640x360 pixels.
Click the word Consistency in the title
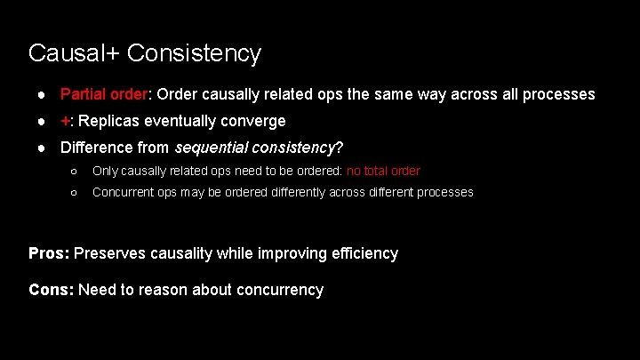[194, 53]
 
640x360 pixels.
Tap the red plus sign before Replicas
[65, 121]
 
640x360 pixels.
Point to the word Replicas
[107, 121]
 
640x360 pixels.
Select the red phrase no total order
[383, 171]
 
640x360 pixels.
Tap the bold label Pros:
[49, 253]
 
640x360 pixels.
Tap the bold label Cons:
[52, 289]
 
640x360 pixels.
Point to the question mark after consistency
[340, 148]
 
